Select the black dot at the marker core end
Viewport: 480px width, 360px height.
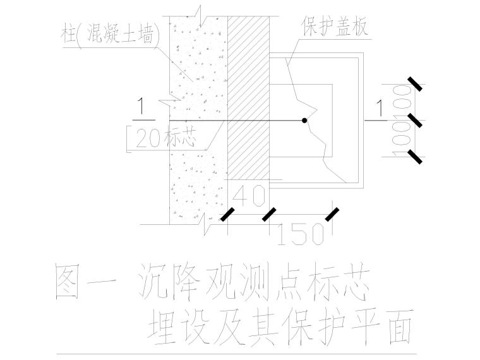click(304, 120)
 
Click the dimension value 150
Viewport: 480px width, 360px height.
click(302, 234)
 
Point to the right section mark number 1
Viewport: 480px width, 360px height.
click(380, 109)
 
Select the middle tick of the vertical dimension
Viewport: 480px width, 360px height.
click(415, 120)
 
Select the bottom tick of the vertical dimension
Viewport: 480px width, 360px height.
click(415, 156)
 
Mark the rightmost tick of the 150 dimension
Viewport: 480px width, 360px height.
click(330, 215)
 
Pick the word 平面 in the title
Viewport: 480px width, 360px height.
click(382, 327)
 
